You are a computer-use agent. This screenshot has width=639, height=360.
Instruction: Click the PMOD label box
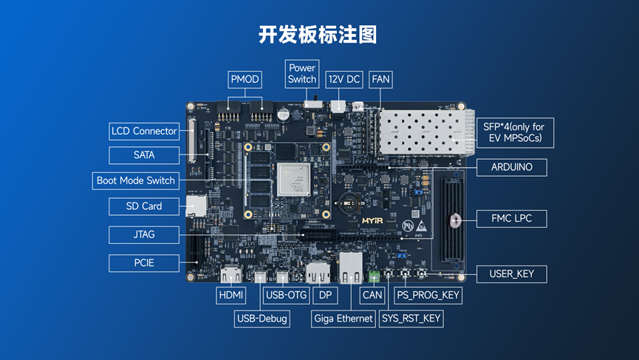245,80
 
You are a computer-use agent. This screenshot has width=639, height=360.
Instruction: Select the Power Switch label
302,74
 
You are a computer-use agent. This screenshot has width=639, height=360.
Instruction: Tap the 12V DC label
344,80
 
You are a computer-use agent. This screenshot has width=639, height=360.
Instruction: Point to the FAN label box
380,80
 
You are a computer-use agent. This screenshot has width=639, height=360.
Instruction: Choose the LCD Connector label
144,132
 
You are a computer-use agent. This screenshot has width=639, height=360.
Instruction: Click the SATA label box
144,155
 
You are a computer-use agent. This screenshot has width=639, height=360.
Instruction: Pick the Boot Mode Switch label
136,180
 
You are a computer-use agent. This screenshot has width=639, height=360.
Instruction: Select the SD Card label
144,206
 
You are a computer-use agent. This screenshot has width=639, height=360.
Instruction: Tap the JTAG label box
144,235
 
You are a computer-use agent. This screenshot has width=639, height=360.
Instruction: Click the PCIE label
144,263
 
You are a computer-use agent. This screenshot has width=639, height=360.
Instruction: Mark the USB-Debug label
262,319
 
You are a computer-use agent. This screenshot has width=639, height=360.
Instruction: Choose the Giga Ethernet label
344,319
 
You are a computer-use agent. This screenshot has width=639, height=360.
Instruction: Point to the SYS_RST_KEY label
411,319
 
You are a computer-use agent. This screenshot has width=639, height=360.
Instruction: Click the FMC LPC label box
511,219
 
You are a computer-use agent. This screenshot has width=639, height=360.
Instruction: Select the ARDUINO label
511,167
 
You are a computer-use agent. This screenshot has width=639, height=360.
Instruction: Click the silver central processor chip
293,180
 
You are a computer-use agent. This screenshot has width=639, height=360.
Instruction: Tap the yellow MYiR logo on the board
372,221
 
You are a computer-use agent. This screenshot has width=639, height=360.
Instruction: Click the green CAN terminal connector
374,276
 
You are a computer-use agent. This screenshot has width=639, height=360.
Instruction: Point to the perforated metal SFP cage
426,132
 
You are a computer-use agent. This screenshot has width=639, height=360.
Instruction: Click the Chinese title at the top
318,35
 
